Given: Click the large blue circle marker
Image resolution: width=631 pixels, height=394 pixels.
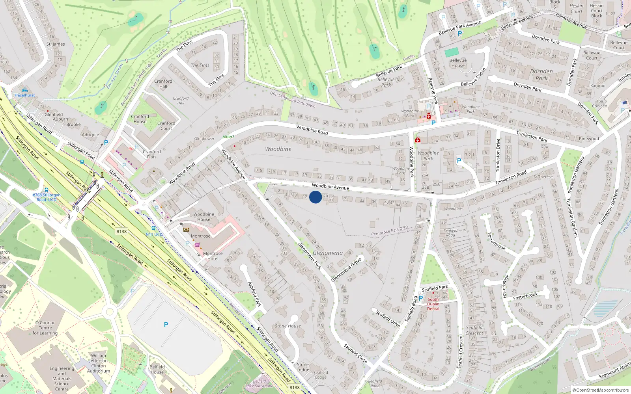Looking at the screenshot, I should pyautogui.click(x=315, y=197).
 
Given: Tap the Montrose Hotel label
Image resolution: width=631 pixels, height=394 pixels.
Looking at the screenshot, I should pyautogui.click(x=213, y=256).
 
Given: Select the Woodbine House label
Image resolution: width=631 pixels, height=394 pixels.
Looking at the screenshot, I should pyautogui.click(x=203, y=217).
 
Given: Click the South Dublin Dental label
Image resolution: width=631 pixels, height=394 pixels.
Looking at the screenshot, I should pyautogui.click(x=433, y=304).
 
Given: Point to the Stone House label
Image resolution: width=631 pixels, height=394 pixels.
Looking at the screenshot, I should pyautogui.click(x=287, y=326).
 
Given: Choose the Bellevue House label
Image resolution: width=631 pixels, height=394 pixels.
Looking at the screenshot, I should pyautogui.click(x=458, y=63).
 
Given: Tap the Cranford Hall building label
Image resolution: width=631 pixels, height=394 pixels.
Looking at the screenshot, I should pyautogui.click(x=163, y=84).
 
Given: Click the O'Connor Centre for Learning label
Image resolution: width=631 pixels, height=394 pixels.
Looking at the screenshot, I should pyautogui.click(x=45, y=328).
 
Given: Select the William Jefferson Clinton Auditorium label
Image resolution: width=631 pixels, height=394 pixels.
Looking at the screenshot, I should pyautogui.click(x=98, y=363).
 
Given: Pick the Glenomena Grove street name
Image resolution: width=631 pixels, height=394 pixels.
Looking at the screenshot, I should pyautogui.click(x=346, y=270).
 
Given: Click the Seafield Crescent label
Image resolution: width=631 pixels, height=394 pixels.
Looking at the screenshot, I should pyautogui.click(x=474, y=330).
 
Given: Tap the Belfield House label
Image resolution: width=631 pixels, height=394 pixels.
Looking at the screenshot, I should pyautogui.click(x=157, y=369).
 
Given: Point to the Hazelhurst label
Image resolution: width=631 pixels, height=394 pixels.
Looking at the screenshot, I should pyautogui.click(x=24, y=95).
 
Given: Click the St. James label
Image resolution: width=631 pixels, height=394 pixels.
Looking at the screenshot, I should pyautogui.click(x=56, y=44).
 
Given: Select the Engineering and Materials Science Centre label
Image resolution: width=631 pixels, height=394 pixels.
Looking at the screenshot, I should pyautogui.click(x=62, y=379).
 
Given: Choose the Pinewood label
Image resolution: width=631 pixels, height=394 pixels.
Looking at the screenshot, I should pyautogui.click(x=588, y=139).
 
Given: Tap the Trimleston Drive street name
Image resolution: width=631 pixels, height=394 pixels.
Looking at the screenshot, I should pyautogui.click(x=498, y=154).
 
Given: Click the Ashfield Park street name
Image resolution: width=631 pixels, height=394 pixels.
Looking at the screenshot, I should pyautogui.click(x=254, y=294).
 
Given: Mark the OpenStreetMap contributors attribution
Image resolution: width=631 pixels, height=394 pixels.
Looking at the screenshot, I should pyautogui.click(x=601, y=390).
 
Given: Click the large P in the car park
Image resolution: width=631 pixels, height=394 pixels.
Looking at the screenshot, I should pyautogui.click(x=166, y=325).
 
